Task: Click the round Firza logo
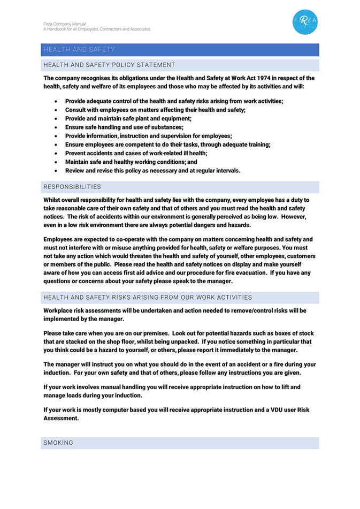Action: click(305, 22)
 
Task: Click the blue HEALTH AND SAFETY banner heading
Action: click(79, 50)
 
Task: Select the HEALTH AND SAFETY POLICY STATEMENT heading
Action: click(109, 65)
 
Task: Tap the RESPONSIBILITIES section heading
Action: click(72, 187)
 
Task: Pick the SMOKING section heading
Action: click(58, 443)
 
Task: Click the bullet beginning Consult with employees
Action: click(155, 110)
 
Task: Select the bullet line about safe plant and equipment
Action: click(128, 118)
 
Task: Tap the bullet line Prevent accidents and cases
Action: click(136, 153)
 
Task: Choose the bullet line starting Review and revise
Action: click(152, 171)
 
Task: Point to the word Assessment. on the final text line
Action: click(61, 419)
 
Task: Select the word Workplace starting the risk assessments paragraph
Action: click(59, 310)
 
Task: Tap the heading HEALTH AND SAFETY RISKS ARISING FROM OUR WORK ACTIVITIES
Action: click(148, 297)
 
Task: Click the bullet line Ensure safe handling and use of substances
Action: click(124, 127)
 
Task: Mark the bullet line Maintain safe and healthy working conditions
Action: click(131, 162)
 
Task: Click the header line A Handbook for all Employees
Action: click(97, 29)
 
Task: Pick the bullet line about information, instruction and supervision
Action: click(148, 136)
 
